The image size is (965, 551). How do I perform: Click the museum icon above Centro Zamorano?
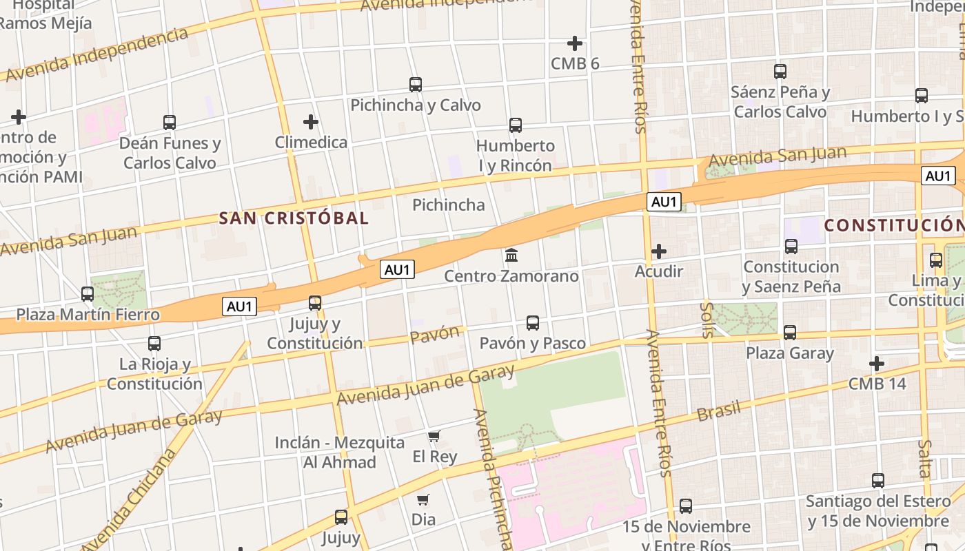click(x=511, y=256)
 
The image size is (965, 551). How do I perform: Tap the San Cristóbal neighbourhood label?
click(x=294, y=218)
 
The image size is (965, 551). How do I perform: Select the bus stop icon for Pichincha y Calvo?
click(x=415, y=85)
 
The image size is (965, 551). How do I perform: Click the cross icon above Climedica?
click(x=311, y=122)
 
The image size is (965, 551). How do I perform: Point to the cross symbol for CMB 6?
click(x=574, y=43)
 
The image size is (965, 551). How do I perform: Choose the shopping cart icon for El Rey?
click(x=434, y=436)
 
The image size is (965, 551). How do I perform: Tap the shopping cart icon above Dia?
click(x=423, y=499)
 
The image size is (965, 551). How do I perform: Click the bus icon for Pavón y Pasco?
click(x=532, y=322)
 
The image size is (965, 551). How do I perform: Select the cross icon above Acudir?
click(x=659, y=251)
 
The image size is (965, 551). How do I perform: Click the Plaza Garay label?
click(x=790, y=353)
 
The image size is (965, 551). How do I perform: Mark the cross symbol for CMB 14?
click(x=877, y=363)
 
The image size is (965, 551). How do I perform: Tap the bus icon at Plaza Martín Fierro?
click(x=88, y=294)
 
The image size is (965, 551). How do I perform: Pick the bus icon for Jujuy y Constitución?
click(x=315, y=302)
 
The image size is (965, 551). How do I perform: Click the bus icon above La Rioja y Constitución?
click(x=154, y=343)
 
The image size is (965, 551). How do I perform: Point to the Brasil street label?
click(x=719, y=411)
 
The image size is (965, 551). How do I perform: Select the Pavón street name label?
click(x=434, y=335)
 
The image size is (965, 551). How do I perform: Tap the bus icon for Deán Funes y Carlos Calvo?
click(x=170, y=123)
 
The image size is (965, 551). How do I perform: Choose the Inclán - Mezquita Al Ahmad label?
click(x=340, y=452)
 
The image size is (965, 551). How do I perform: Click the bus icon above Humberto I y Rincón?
click(x=515, y=125)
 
